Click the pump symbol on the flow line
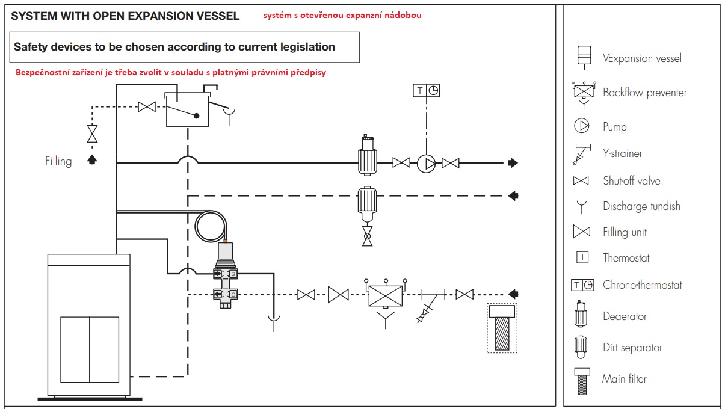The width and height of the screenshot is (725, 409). [426, 164]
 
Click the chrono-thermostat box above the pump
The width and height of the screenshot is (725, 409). [426, 91]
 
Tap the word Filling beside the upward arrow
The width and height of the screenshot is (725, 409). [58, 161]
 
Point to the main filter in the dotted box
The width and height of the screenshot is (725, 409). [502, 328]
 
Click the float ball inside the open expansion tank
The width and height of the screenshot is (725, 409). [197, 115]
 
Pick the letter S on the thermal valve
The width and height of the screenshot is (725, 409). [233, 274]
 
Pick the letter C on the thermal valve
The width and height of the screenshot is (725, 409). [233, 295]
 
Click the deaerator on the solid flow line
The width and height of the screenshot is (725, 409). [368, 155]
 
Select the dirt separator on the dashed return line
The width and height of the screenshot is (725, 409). [367, 204]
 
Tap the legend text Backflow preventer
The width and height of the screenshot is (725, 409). [645, 93]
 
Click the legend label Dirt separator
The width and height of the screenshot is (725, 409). [632, 348]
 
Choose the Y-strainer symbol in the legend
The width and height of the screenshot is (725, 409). [582, 155]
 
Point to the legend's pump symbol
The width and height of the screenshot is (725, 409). [582, 126]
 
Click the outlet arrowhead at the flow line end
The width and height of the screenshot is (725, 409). [513, 163]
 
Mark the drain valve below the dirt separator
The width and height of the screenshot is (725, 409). [367, 236]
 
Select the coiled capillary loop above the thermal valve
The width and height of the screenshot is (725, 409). [211, 227]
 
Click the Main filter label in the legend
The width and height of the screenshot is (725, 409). [624, 378]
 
